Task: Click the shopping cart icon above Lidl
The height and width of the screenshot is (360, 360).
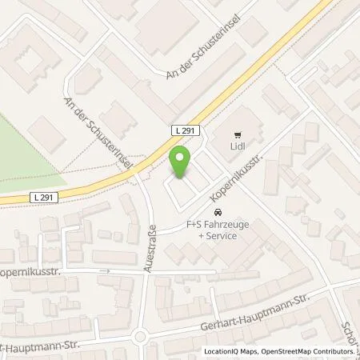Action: tap(237, 135)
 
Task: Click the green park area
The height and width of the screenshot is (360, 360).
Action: tap(24, 152)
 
